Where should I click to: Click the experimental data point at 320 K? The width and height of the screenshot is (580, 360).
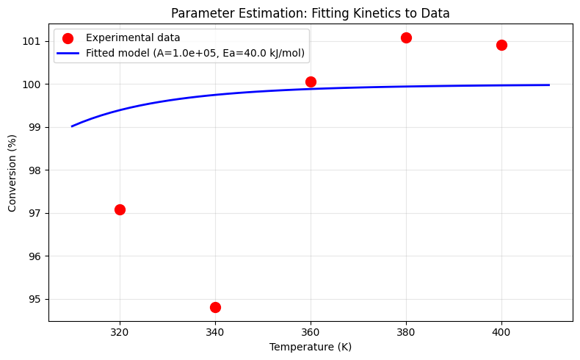pyautogui.click(x=120, y=210)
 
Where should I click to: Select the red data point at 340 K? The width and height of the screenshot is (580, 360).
pyautogui.click(x=215, y=307)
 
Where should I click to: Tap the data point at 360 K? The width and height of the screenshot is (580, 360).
pyautogui.click(x=311, y=82)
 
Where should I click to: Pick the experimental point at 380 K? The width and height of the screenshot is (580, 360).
pyautogui.click(x=406, y=37)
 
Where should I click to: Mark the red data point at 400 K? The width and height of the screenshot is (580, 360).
pyautogui.click(x=501, y=45)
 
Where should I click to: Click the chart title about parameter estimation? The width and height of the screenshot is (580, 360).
pyautogui.click(x=311, y=13)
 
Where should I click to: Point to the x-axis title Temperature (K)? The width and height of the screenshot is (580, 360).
pyautogui.click(x=311, y=347)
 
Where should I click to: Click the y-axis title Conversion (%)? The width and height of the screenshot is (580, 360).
pyautogui.click(x=12, y=173)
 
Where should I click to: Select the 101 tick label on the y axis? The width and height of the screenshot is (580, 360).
pyautogui.click(x=31, y=41)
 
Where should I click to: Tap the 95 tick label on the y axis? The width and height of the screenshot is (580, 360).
pyautogui.click(x=33, y=299)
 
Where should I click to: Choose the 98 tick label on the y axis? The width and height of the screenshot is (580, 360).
pyautogui.click(x=33, y=170)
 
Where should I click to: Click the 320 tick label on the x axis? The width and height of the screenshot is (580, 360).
pyautogui.click(x=120, y=332)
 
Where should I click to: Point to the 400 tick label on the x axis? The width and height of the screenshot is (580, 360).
pyautogui.click(x=501, y=332)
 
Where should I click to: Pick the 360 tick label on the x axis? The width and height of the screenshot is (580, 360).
pyautogui.click(x=311, y=332)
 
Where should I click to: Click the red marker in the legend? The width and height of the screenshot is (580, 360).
pyautogui.click(x=68, y=38)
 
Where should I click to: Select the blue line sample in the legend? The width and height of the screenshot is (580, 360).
pyautogui.click(x=68, y=54)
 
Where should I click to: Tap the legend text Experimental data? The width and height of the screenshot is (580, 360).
pyautogui.click(x=133, y=37)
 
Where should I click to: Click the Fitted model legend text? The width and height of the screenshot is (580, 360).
pyautogui.click(x=195, y=54)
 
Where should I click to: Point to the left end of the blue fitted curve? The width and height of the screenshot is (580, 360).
pyautogui.click(x=72, y=126)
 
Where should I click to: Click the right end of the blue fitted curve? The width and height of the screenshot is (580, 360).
pyautogui.click(x=549, y=85)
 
